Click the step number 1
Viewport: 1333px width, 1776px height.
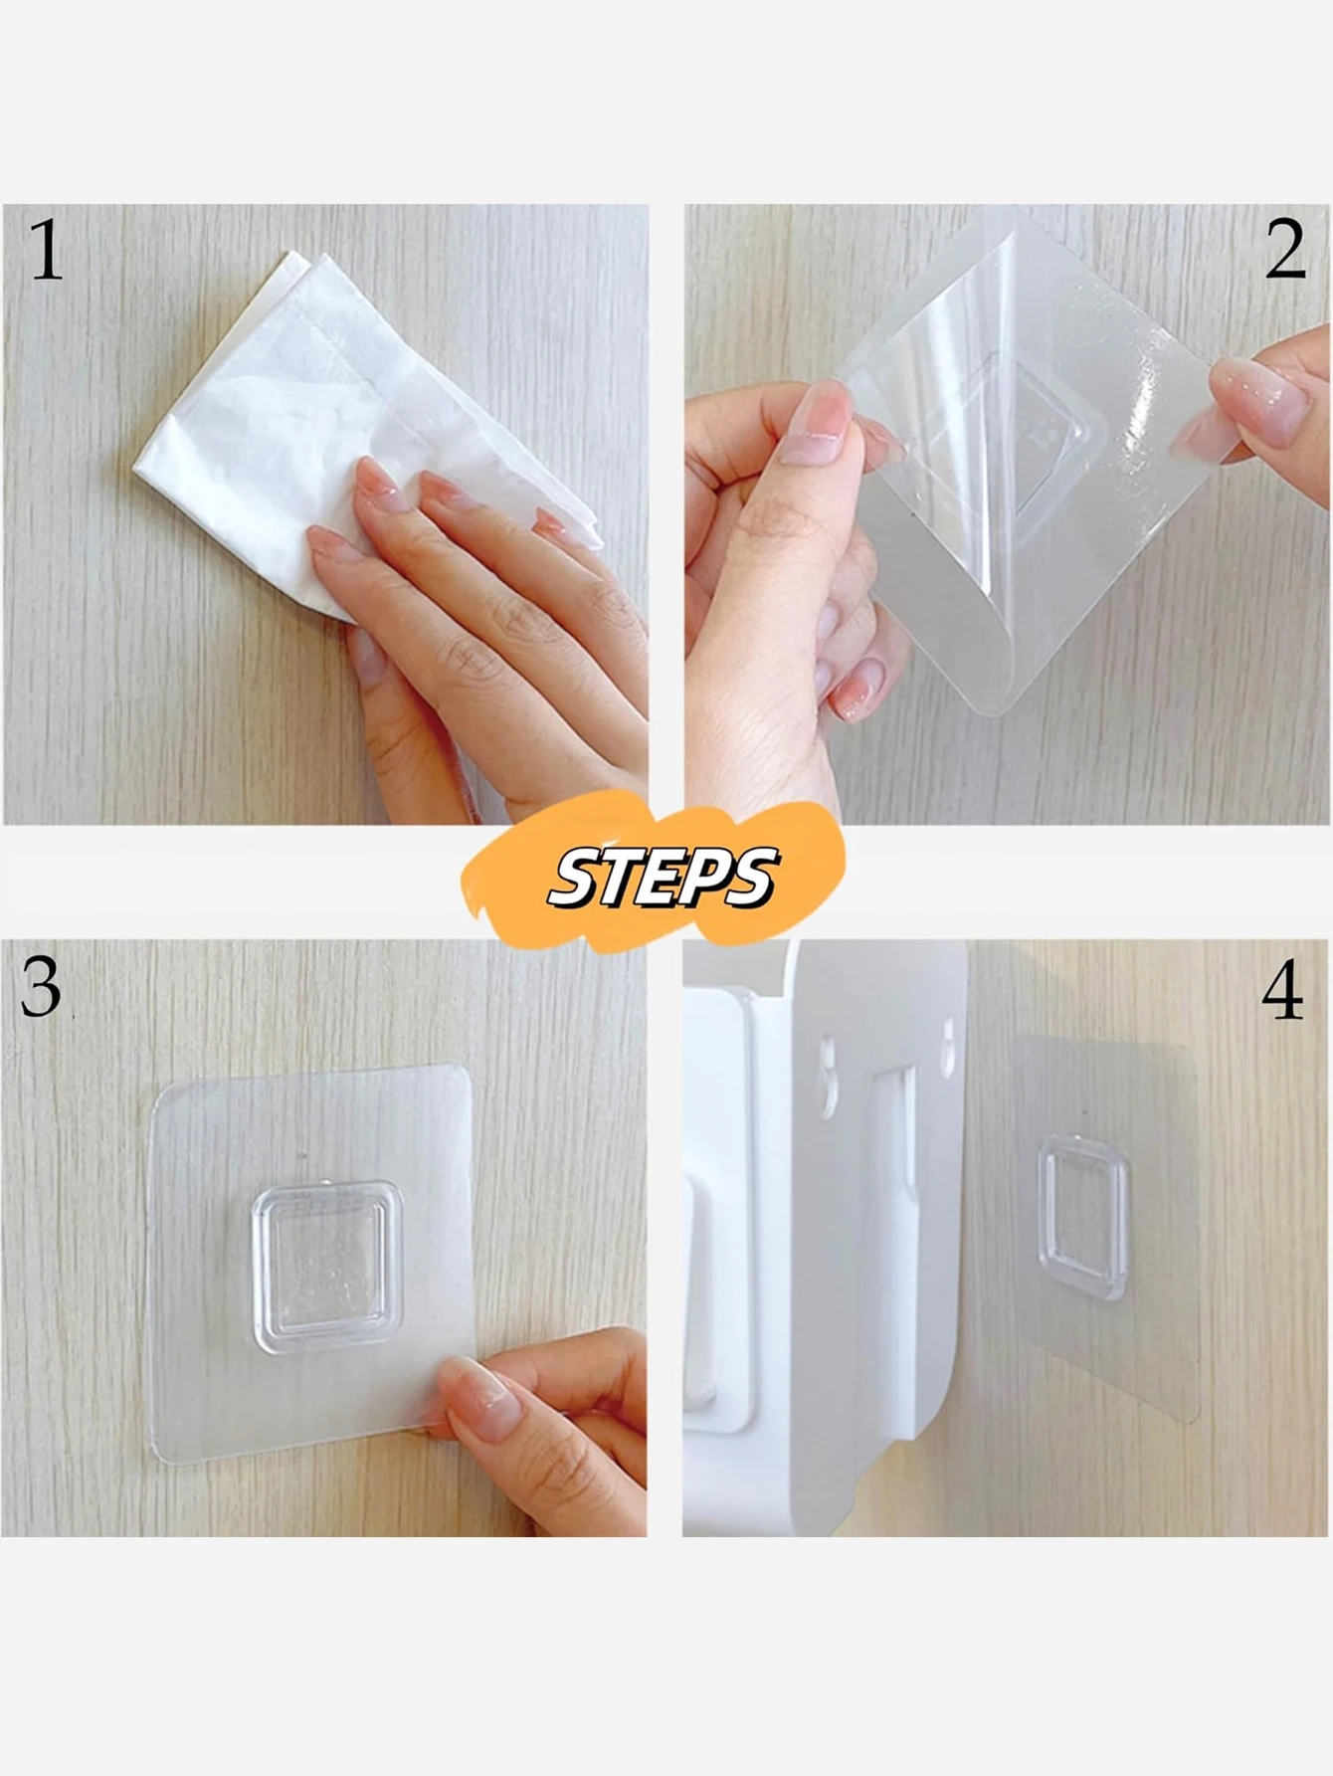(x=46, y=250)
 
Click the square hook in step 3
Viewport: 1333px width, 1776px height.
(x=327, y=1267)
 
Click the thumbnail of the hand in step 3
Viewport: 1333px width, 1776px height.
(x=479, y=1391)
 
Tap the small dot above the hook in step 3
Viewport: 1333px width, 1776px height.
(x=302, y=1156)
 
